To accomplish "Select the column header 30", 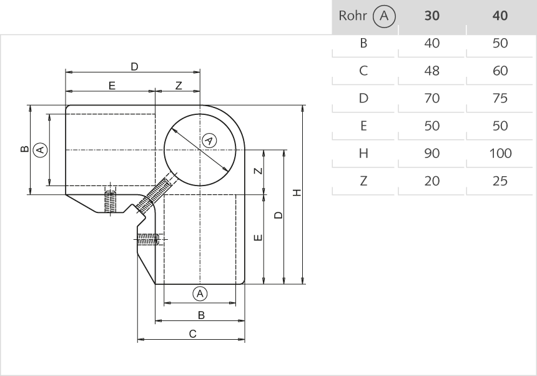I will (431, 16).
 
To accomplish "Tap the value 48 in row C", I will (431, 71).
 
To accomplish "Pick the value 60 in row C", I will (500, 71).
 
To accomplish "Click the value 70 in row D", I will (431, 99).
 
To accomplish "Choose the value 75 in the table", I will (500, 99).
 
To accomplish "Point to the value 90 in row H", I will (431, 154).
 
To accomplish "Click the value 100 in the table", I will (500, 154).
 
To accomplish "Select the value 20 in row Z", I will (431, 181).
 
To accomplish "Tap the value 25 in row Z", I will (500, 181).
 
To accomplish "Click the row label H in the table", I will (363, 154).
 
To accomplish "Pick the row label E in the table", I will (363, 126).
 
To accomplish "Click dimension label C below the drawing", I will (193, 334).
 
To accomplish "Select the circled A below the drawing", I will (200, 293).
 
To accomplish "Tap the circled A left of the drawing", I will (39, 150).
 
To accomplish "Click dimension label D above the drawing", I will (134, 66).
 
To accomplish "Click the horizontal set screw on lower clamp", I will (149, 239).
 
